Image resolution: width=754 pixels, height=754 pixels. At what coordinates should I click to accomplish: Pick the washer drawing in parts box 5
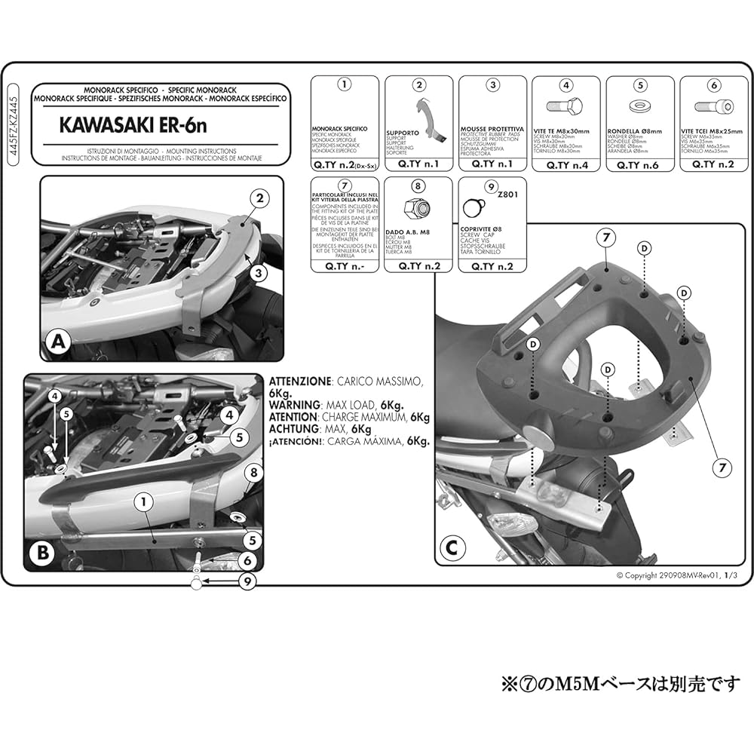tap(639, 106)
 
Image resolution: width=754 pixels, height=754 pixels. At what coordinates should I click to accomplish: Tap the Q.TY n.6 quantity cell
tap(639, 163)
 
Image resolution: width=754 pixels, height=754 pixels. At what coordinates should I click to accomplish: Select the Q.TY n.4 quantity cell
tap(566, 163)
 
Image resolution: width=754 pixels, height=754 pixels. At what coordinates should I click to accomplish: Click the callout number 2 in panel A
tap(260, 199)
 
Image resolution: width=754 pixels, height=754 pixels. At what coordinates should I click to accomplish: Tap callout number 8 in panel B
tap(254, 473)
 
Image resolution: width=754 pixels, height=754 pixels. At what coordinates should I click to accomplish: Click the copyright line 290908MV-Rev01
tap(675, 575)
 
